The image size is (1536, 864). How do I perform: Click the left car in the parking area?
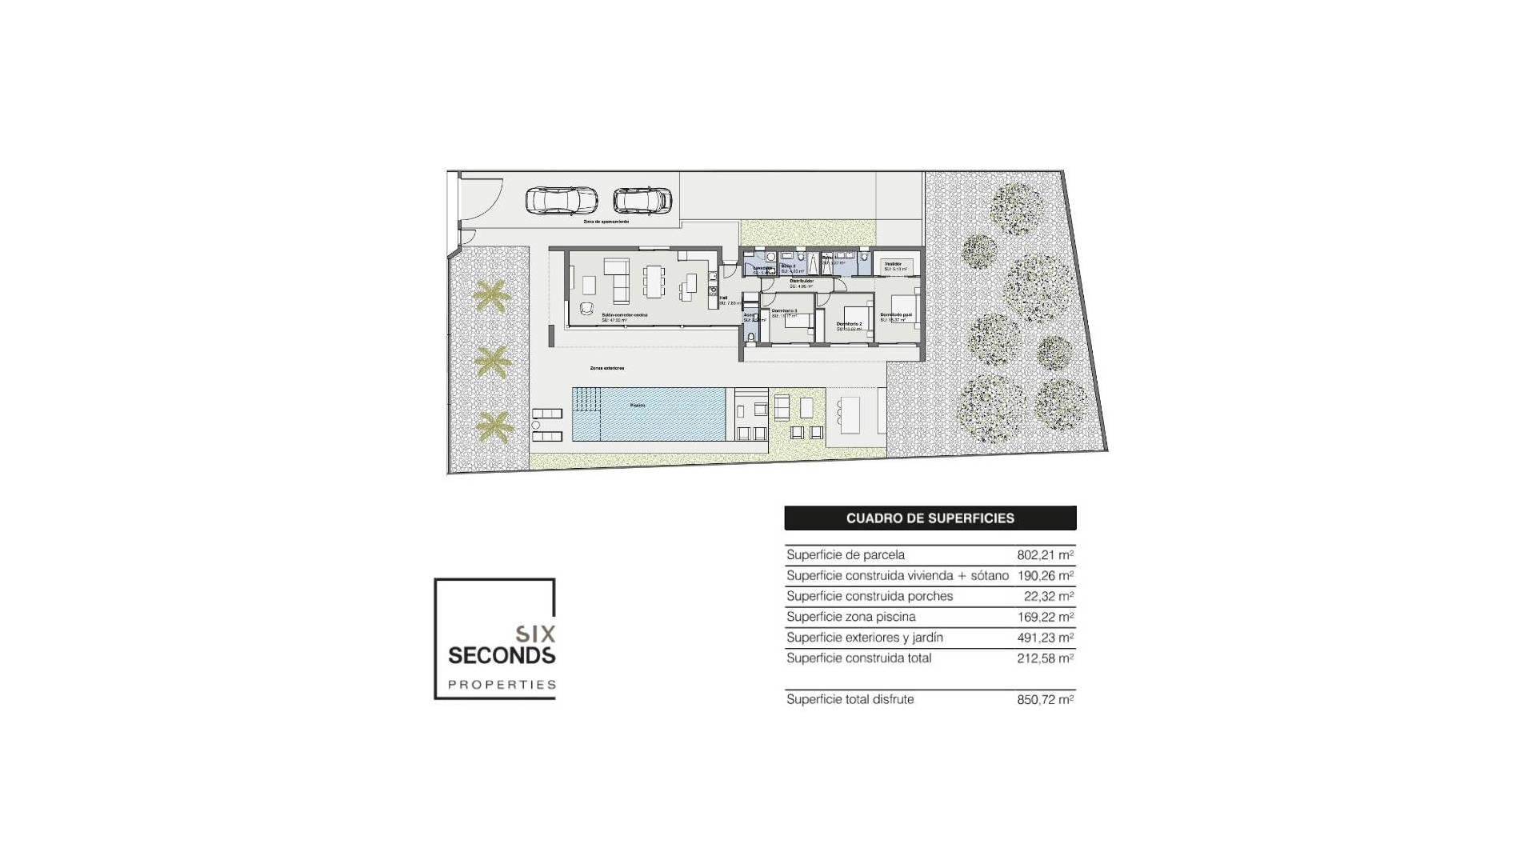561,200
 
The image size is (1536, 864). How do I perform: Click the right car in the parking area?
642,200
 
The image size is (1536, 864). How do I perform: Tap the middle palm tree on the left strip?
492,362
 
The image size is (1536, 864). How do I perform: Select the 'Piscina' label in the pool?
638,406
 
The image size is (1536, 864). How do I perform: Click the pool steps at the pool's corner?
586,398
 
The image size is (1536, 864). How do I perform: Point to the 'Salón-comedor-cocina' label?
625,315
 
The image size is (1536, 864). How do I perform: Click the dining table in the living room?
655,281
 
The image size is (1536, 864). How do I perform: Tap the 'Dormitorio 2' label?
849,324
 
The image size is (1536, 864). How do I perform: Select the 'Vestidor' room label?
893,263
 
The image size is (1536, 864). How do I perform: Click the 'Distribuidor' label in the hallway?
802,281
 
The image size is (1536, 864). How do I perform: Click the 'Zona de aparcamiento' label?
606,221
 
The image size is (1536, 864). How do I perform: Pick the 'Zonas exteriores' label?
606,368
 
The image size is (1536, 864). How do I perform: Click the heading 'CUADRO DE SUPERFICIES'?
930,518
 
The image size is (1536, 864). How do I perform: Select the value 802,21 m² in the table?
1045,554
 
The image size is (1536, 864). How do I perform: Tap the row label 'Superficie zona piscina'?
850,617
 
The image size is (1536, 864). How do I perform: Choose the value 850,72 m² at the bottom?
1045,699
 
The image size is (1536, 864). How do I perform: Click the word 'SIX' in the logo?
535,634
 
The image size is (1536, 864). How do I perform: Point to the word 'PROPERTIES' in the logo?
502,685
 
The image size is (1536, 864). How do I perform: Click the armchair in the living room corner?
588,310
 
